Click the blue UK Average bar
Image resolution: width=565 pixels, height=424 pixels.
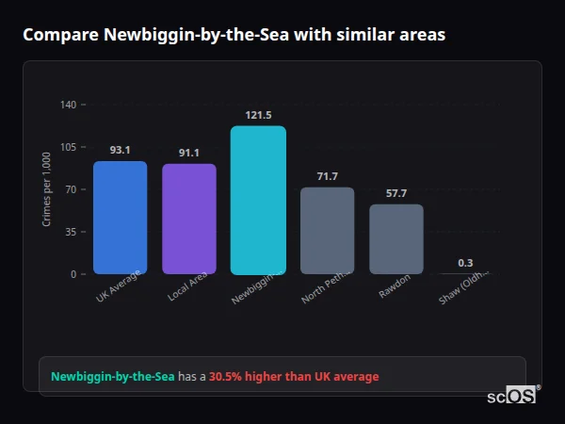pos(120,218)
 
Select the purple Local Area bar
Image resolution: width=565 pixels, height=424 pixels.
pos(189,219)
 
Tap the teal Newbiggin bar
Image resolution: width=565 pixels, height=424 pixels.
pos(258,200)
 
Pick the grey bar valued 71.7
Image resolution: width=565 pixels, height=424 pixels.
pos(327,231)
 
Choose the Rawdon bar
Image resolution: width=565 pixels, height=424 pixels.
pos(396,239)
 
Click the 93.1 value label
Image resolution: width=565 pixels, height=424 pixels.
pos(120,150)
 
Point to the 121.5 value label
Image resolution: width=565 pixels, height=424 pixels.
pos(258,115)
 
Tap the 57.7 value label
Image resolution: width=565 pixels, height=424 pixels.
pos(396,193)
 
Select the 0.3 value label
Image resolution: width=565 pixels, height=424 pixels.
pos(465,263)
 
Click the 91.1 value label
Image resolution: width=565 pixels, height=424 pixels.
pos(189,153)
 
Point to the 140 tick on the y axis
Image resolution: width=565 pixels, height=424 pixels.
pos(68,105)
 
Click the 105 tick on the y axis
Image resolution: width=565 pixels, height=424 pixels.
pos(68,147)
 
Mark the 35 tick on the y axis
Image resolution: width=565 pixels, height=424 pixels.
pos(71,232)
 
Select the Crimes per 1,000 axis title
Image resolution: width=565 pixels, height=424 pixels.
pos(47,189)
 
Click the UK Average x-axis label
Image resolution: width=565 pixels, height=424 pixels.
pos(119,286)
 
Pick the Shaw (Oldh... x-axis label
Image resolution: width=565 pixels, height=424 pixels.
pos(463,287)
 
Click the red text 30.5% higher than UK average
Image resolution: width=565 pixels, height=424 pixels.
pos(294,377)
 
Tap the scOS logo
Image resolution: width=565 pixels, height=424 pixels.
pos(512,396)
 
